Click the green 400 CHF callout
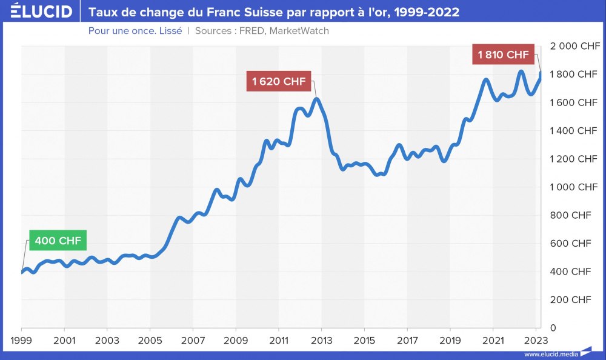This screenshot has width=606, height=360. (58, 241)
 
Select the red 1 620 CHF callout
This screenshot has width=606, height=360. (279, 81)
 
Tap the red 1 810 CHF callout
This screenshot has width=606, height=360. (504, 55)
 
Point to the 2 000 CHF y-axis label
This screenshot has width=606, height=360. (573, 46)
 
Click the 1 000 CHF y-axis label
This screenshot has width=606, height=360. (573, 187)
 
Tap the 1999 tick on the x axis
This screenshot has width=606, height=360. (21, 340)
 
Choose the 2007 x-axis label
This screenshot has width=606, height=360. (193, 340)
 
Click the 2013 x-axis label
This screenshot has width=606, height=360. (321, 340)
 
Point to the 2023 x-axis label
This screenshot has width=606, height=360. (536, 340)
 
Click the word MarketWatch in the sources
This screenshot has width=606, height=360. (299, 30)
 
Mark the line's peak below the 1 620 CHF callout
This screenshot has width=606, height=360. (316, 99)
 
